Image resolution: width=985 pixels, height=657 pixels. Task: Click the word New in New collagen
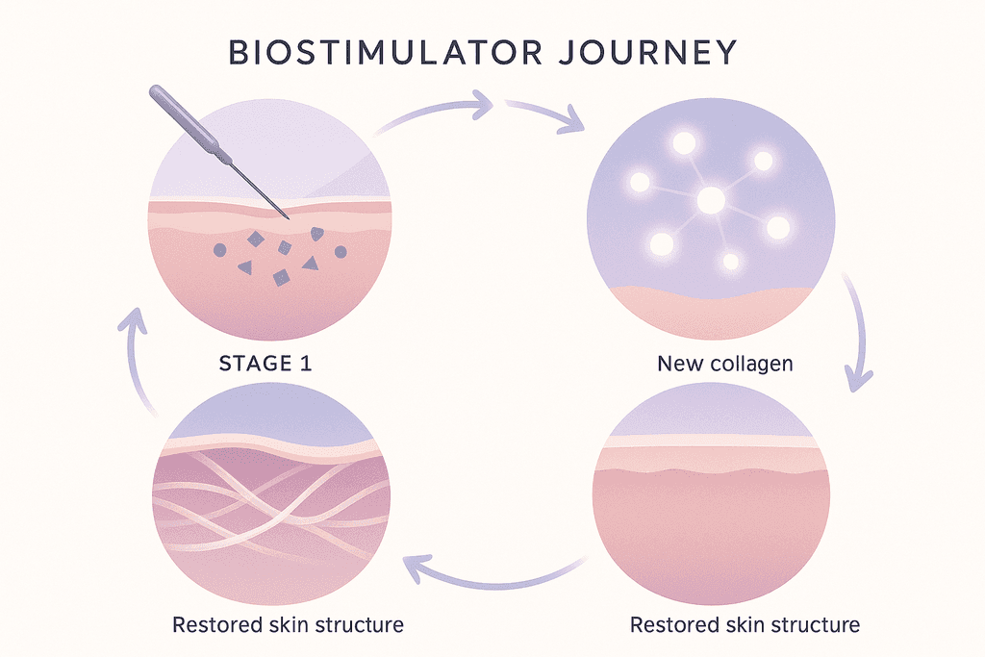pos(676,364)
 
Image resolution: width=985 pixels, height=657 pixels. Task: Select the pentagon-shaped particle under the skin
pos(317,234)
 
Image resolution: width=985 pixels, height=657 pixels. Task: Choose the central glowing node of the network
pos(711,201)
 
